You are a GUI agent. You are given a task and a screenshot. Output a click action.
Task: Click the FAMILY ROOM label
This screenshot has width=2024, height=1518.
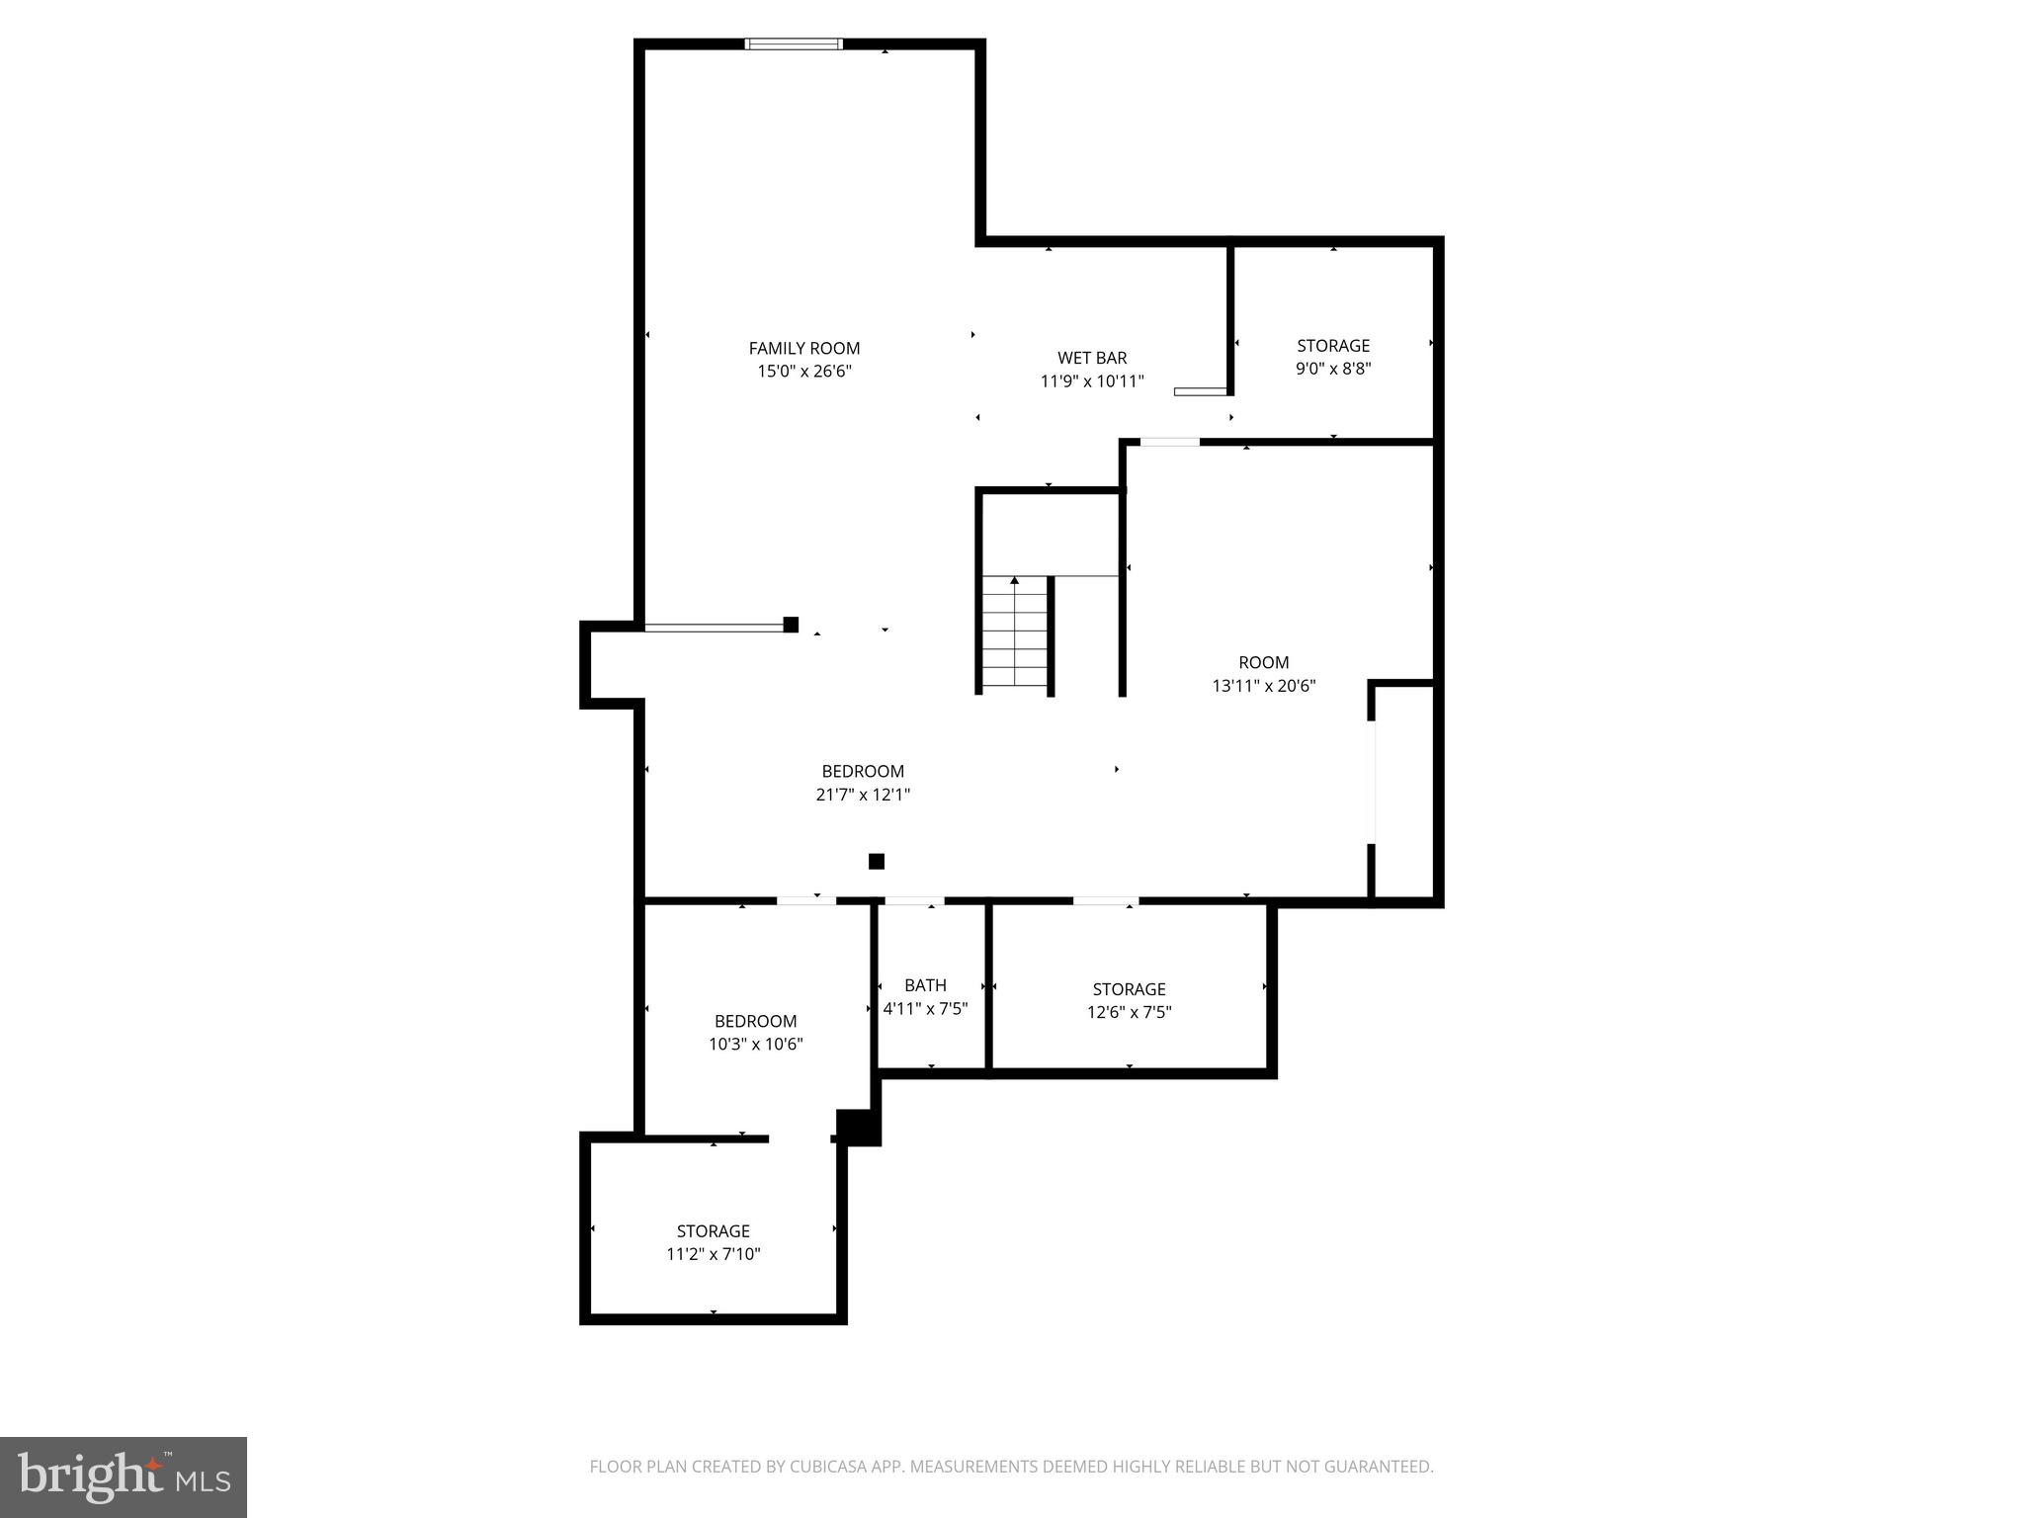(803, 348)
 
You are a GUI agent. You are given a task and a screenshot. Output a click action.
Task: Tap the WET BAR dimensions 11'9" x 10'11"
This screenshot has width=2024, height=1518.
(1092, 381)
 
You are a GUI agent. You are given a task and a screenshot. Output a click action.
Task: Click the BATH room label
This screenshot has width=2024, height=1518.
(925, 985)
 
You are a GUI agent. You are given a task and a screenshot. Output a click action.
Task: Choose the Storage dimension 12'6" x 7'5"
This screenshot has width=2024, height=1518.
(1129, 1012)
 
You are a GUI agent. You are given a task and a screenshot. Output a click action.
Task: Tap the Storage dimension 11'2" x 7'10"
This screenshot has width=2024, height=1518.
(713, 1254)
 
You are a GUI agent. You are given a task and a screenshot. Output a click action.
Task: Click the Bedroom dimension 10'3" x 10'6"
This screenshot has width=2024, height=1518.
(755, 1044)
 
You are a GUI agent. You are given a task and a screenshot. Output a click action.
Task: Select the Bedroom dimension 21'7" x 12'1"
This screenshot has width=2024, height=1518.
(863, 795)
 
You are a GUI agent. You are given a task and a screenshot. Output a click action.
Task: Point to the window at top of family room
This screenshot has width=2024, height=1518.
(794, 43)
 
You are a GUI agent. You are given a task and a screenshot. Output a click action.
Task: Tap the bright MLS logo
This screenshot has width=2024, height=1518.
(124, 1477)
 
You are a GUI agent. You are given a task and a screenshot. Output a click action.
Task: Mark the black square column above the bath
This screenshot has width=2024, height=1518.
(876, 862)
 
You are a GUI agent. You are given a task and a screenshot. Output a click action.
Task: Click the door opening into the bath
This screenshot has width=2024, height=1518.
(913, 901)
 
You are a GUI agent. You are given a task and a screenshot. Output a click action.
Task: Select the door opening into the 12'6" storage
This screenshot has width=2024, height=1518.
(1105, 901)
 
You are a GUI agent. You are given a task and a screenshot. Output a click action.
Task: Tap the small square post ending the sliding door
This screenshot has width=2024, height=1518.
(791, 625)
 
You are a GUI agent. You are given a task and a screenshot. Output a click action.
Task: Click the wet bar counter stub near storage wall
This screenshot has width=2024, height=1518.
(1199, 392)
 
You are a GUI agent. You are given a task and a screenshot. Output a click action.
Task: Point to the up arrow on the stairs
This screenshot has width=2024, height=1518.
(1014, 581)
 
